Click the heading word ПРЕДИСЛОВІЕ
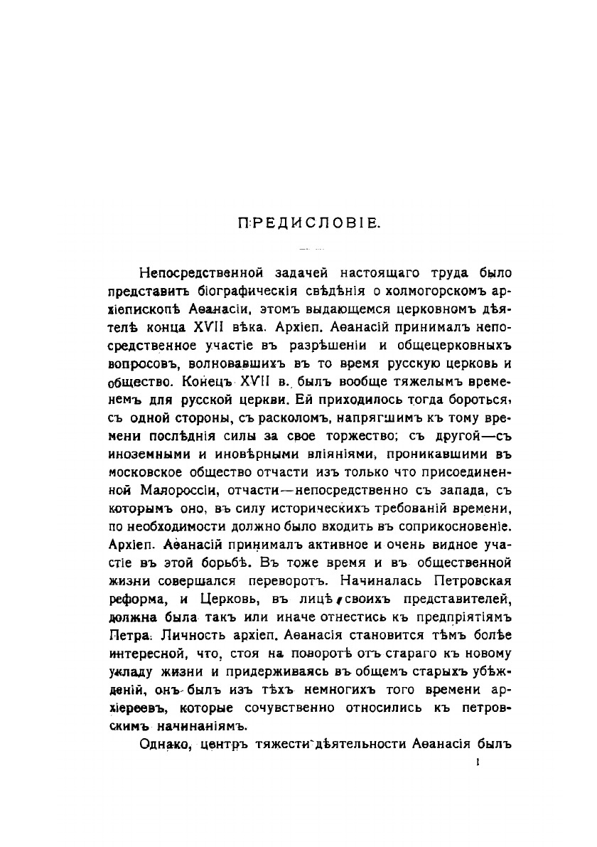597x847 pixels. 310,223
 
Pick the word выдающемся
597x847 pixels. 321,309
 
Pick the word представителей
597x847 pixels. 459,604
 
